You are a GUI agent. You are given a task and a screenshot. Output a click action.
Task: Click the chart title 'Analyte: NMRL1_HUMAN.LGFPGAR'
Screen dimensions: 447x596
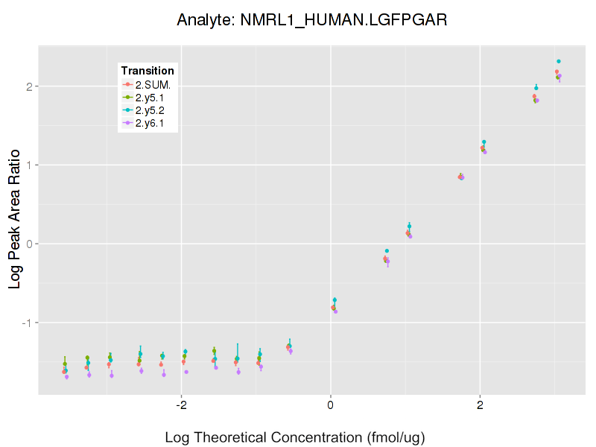pos(311,20)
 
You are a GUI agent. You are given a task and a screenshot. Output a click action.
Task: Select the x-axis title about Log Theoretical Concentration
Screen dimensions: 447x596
pos(295,437)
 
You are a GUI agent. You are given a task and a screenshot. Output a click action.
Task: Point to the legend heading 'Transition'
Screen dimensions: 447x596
pos(148,71)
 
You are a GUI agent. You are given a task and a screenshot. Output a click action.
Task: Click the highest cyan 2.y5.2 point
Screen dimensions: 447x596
pos(559,61)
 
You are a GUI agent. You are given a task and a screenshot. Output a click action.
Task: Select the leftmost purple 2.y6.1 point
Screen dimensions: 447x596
pos(66,377)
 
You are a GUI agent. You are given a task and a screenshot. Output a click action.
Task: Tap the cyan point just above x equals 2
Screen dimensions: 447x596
pos(484,142)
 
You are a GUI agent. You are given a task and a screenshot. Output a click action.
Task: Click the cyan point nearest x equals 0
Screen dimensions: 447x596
pos(335,299)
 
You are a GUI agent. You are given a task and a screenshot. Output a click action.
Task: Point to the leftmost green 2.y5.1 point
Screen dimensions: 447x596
pos(65,364)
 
